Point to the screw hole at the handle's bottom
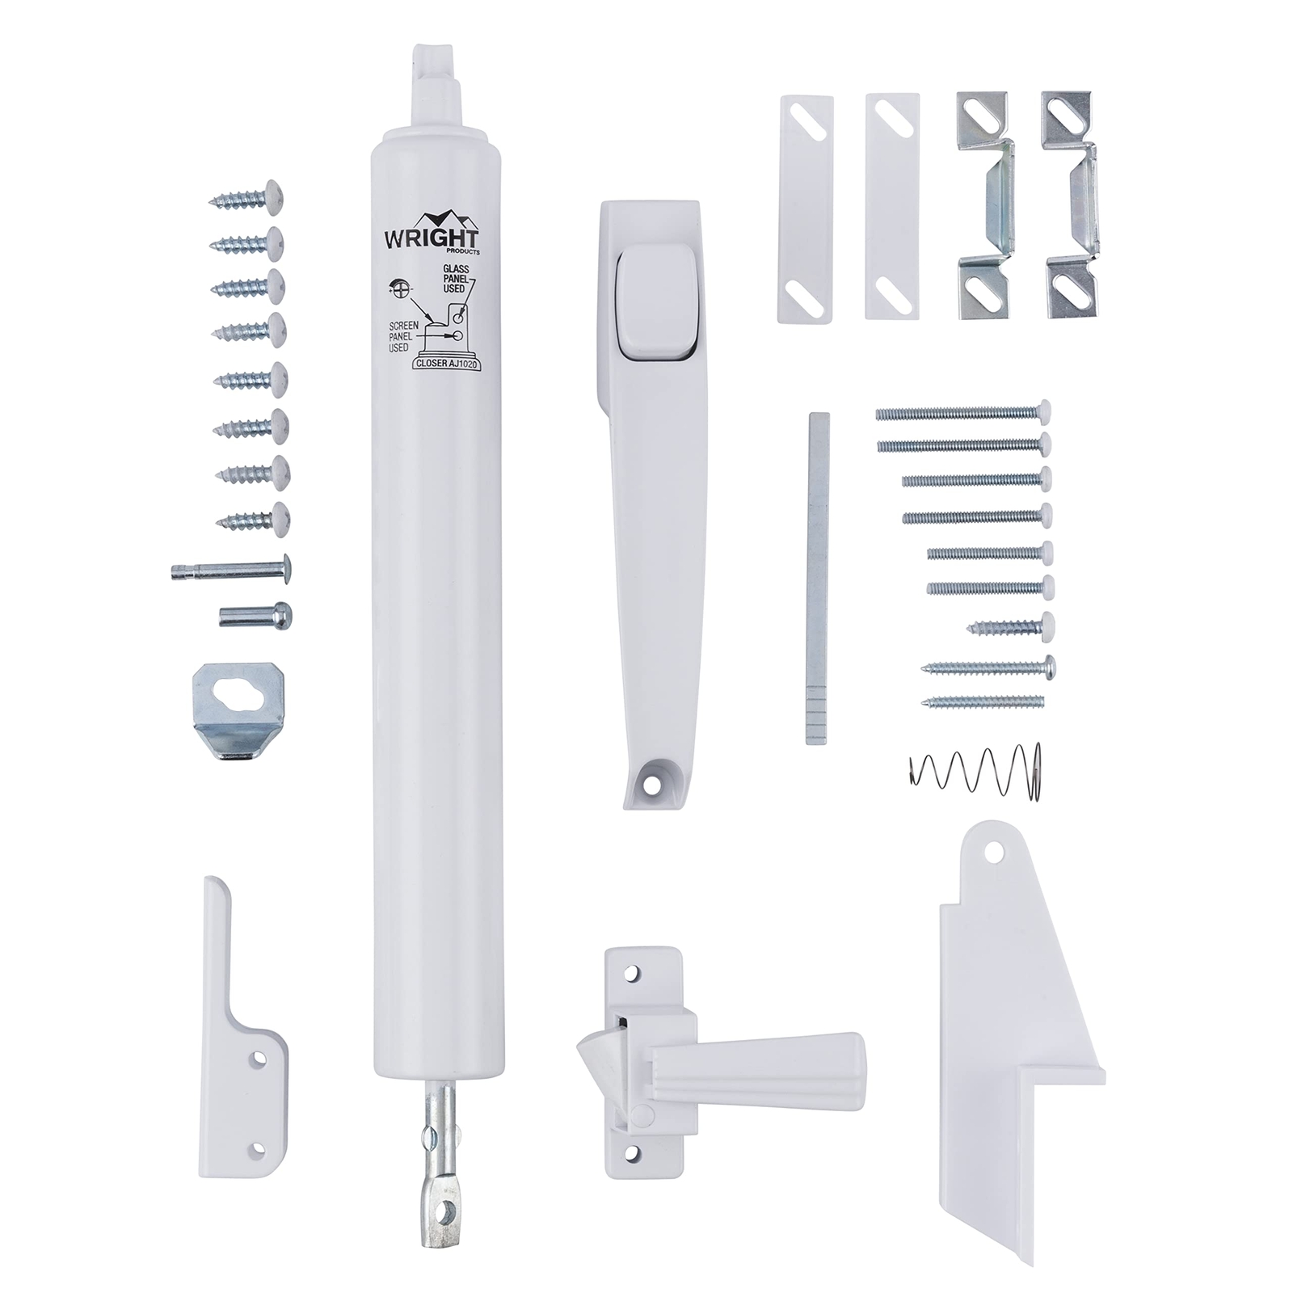point(646,783)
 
